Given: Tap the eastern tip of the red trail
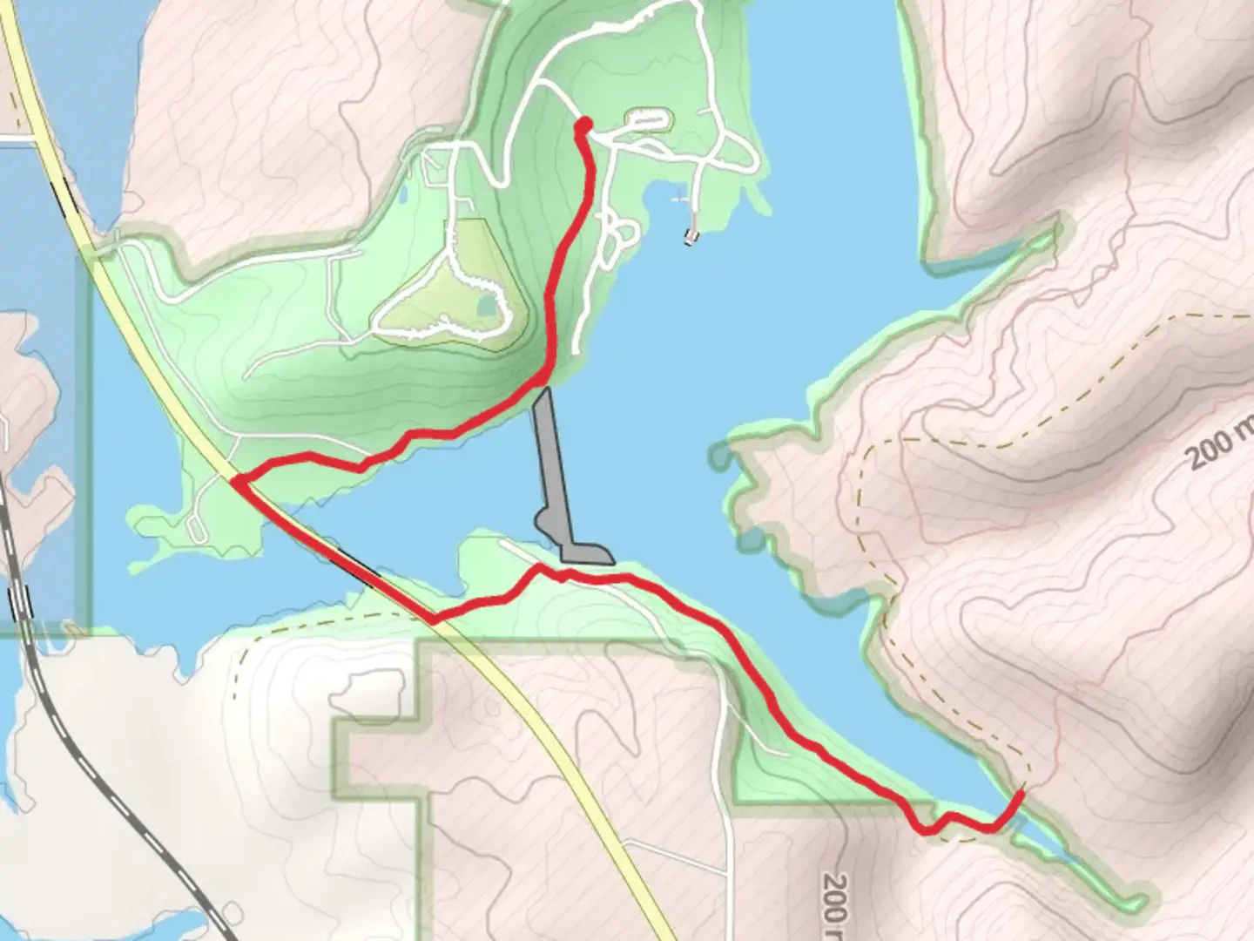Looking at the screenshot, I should tap(1021, 791).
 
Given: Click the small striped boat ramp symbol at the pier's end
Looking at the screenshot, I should tap(691, 235).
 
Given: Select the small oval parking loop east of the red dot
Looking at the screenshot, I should tap(649, 118).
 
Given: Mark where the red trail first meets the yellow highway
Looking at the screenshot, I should tap(235, 479).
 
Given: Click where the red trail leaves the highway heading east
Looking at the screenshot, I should tap(433, 620).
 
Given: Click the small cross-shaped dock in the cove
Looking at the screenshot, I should tap(679, 200).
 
